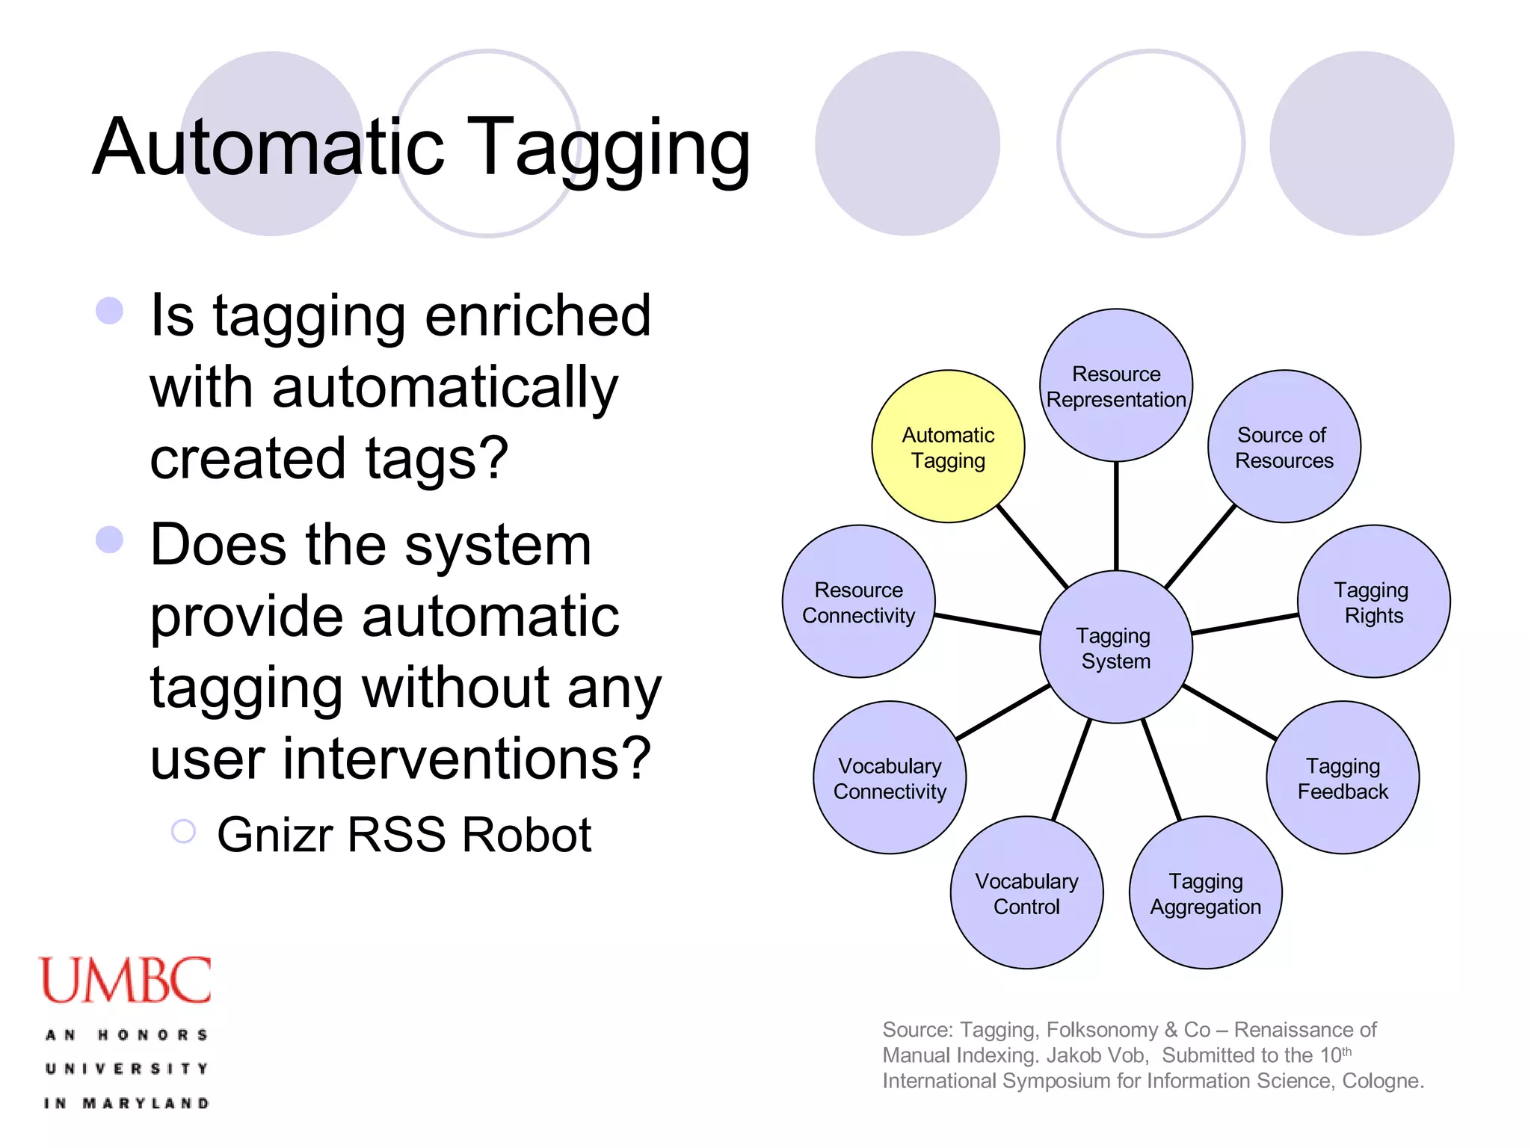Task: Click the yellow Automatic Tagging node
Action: tap(948, 447)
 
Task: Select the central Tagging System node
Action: tap(1115, 647)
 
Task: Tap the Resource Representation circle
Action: tap(1116, 386)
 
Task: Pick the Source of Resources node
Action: tap(1284, 447)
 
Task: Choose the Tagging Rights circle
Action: tap(1373, 602)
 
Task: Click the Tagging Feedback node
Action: tap(1343, 777)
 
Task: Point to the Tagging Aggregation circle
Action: tap(1205, 893)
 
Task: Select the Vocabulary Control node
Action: tap(1026, 893)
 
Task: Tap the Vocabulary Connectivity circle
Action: tap(890, 777)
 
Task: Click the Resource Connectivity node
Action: tap(858, 602)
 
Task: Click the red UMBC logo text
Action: tap(125, 981)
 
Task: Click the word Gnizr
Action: tap(275, 835)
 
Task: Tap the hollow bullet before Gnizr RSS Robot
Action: tap(183, 831)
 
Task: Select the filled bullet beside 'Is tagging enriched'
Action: tap(109, 311)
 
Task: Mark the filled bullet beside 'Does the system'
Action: tap(109, 540)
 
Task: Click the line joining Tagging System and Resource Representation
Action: tap(1116, 516)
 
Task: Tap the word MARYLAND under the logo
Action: tap(146, 1103)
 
